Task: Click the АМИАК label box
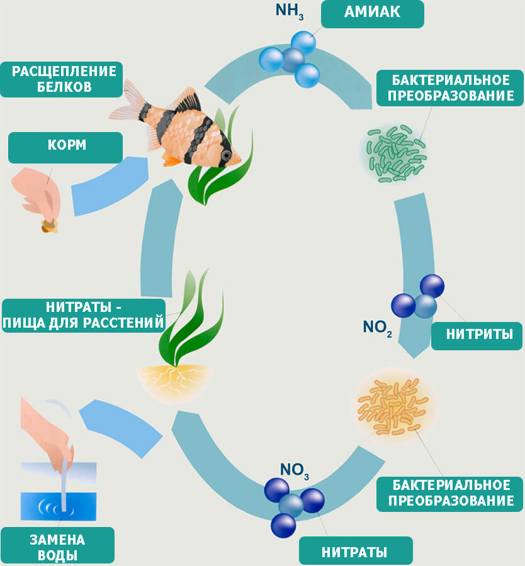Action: tap(372, 13)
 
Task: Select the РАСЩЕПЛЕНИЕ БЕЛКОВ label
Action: tap(61, 79)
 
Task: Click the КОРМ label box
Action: tap(65, 147)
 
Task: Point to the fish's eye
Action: tap(226, 155)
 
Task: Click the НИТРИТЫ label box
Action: tap(477, 335)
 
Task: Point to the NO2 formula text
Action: tap(377, 327)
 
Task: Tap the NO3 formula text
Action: tap(294, 469)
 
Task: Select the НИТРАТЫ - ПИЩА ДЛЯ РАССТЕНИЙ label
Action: tap(84, 316)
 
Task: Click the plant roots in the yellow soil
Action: tap(174, 380)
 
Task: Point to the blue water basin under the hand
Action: tap(58, 504)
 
